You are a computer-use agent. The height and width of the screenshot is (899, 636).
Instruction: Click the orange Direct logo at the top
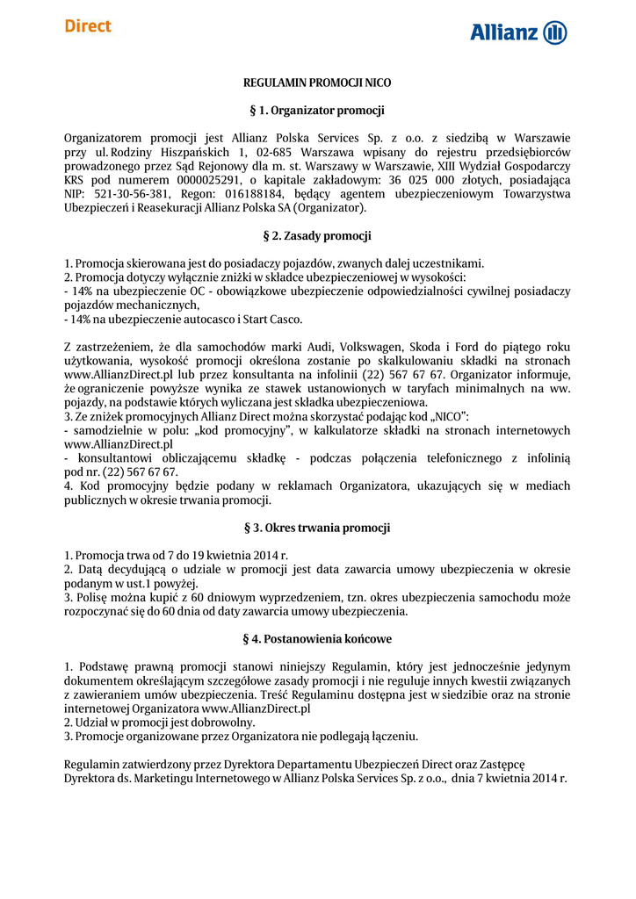click(88, 26)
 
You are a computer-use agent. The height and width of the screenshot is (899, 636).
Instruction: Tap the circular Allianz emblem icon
click(555, 33)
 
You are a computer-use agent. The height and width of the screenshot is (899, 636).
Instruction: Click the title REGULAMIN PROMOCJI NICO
click(317, 82)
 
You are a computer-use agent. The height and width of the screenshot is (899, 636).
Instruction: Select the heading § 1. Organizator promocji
click(317, 111)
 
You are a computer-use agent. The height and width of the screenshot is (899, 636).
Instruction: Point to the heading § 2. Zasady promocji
click(317, 236)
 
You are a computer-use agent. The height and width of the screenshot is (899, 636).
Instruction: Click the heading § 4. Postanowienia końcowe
click(317, 638)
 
